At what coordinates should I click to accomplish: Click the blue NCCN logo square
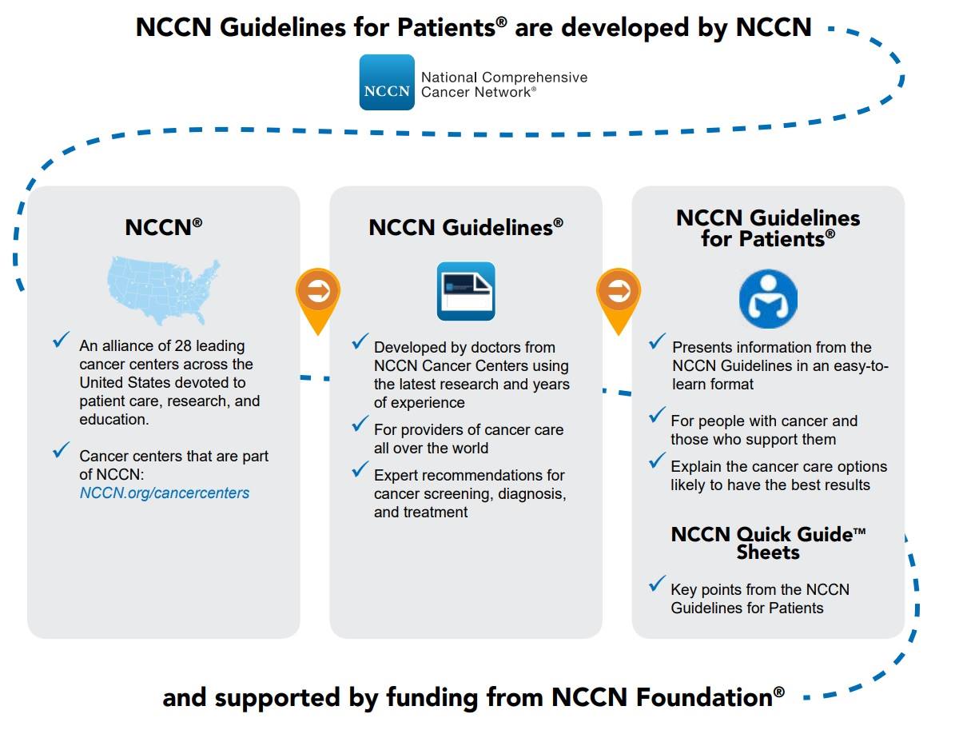click(387, 82)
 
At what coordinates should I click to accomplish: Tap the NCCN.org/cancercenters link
click(165, 493)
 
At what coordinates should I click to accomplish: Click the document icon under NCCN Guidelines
click(466, 291)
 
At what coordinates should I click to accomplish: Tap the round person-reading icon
click(768, 299)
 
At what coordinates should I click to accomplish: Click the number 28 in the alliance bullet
click(183, 345)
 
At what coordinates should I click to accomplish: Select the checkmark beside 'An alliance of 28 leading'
click(62, 339)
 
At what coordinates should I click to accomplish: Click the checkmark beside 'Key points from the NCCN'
click(657, 583)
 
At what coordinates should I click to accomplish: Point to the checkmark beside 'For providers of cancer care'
click(360, 423)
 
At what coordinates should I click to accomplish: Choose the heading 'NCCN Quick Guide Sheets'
click(768, 543)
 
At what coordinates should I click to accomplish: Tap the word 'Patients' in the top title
click(446, 27)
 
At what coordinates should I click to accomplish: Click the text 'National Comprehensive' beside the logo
click(504, 78)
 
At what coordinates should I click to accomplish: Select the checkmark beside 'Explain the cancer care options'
click(657, 461)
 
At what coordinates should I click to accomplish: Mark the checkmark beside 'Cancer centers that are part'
click(62, 449)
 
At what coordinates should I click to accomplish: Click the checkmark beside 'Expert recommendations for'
click(360, 469)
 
